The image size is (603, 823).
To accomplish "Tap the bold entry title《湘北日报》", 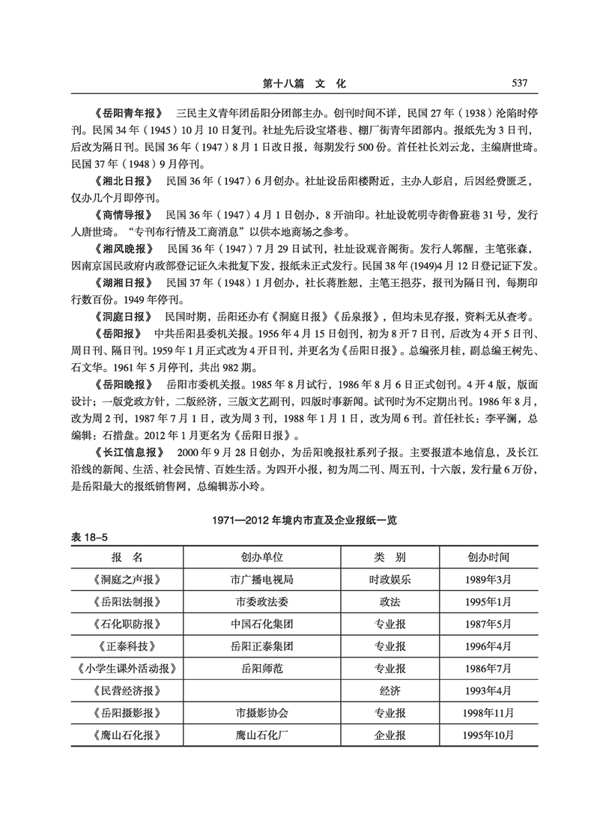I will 124,182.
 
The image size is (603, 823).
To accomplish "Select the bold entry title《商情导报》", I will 124,216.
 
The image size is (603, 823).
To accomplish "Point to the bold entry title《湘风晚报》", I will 124,249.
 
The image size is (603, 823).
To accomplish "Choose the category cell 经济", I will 390,690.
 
